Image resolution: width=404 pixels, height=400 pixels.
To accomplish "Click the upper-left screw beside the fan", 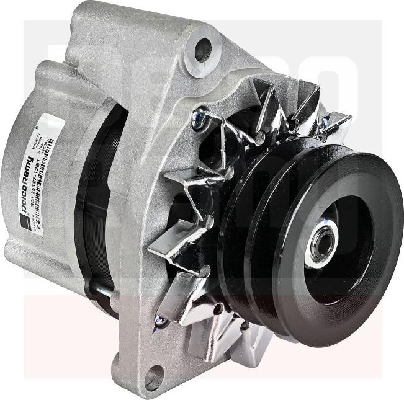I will (199, 118).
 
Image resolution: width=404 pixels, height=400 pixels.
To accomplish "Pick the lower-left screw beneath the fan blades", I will (160, 322).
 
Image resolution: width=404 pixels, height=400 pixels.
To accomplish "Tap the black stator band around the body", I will (93, 205).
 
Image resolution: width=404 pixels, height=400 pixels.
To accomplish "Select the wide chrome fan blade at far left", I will (171, 242).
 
